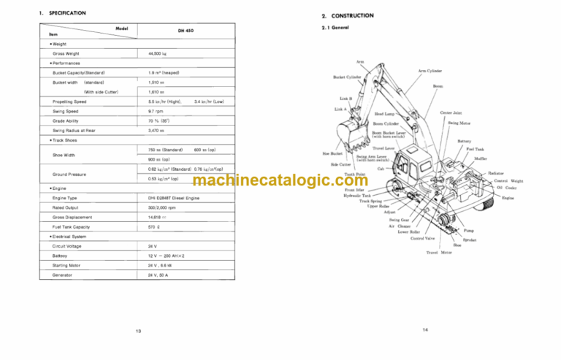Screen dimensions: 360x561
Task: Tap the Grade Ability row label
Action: pyautogui.click(x=67, y=120)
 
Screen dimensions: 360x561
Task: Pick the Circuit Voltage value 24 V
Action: pyautogui.click(x=153, y=246)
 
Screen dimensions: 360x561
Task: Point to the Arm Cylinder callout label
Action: pyautogui.click(x=430, y=72)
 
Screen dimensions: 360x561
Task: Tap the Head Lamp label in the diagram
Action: pyautogui.click(x=386, y=114)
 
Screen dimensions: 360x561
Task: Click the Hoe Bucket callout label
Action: pyautogui.click(x=332, y=154)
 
